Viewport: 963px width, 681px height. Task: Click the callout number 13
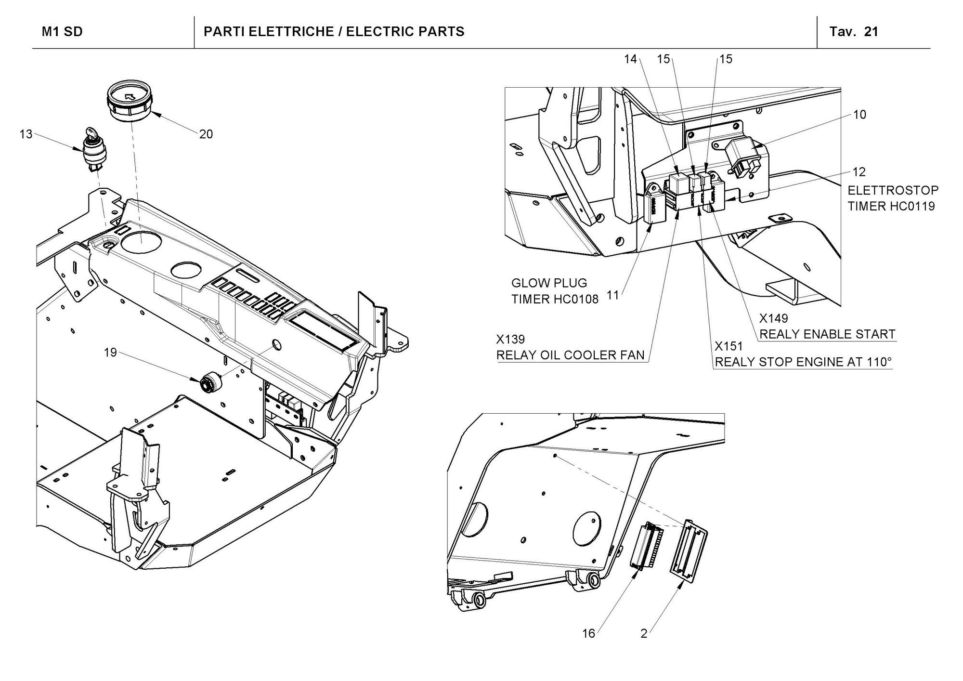pyautogui.click(x=26, y=134)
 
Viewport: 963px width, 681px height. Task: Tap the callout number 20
pyautogui.click(x=206, y=134)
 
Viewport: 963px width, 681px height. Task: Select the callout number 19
pyautogui.click(x=111, y=353)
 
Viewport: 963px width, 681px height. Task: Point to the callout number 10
pyautogui.click(x=859, y=115)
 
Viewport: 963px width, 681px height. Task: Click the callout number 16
pyautogui.click(x=589, y=633)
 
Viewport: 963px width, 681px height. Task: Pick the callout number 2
pyautogui.click(x=644, y=633)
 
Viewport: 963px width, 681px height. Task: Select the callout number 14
pyautogui.click(x=630, y=59)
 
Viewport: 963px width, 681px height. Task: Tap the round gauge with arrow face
pyautogui.click(x=130, y=101)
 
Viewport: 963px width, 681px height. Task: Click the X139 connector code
pyautogui.click(x=510, y=340)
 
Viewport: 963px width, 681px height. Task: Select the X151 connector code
pyautogui.click(x=729, y=346)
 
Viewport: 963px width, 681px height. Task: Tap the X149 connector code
pyautogui.click(x=774, y=318)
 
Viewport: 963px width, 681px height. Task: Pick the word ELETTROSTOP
pyautogui.click(x=893, y=190)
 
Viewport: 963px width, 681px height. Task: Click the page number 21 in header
pyautogui.click(x=871, y=32)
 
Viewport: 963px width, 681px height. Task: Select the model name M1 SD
pyautogui.click(x=62, y=32)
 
